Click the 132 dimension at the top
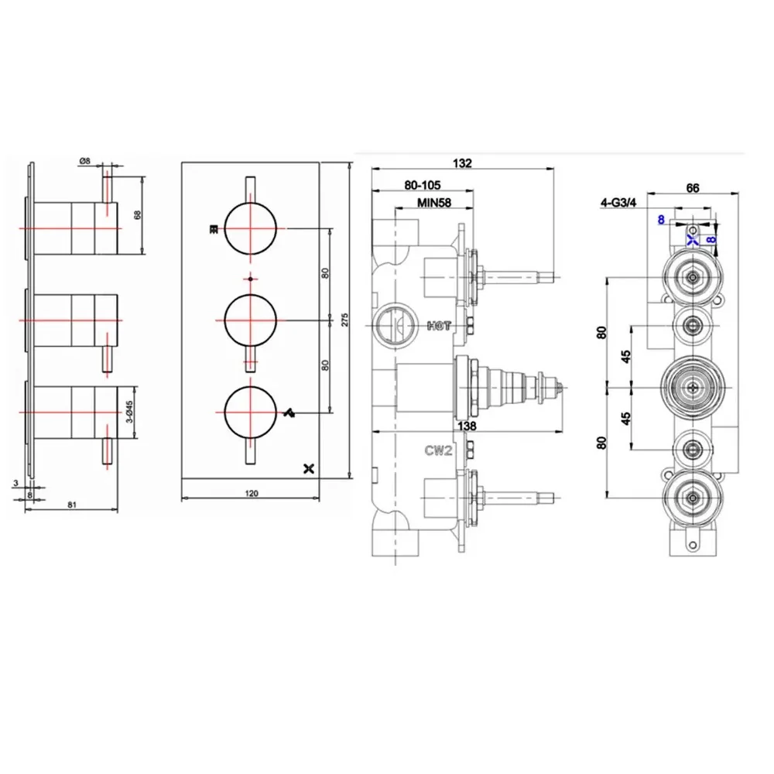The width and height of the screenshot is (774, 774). click(463, 163)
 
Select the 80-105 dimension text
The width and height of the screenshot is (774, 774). click(423, 185)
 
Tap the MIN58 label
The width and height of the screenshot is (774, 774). click(434, 203)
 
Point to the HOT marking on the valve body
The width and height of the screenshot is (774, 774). click(439, 327)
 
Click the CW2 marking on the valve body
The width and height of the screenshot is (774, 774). click(437, 450)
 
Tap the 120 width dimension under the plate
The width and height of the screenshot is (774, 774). click(251, 493)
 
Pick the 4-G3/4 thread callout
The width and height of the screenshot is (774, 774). click(618, 204)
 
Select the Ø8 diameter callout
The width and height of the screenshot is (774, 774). click(84, 161)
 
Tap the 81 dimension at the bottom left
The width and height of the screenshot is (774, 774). click(71, 505)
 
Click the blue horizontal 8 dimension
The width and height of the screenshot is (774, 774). click(662, 219)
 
